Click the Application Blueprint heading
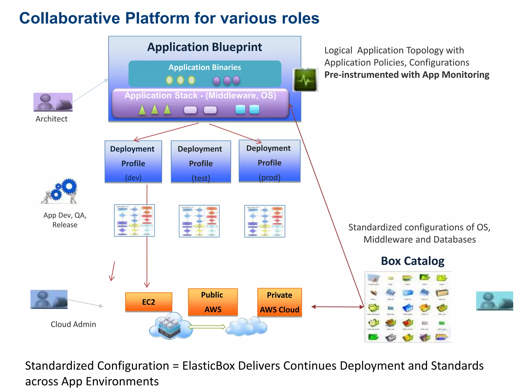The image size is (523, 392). tap(205, 47)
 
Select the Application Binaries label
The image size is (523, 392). tap(205, 67)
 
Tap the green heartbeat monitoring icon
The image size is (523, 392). tap(305, 80)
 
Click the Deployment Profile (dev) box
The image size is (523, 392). tap(133, 162)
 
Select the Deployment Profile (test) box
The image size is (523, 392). tap(201, 162)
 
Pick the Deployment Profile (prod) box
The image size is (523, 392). tap(269, 161)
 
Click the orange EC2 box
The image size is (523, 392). tap(149, 302)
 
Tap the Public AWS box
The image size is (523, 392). tap(213, 302)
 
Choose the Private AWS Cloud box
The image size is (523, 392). tap(280, 302)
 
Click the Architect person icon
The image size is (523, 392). tap(53, 102)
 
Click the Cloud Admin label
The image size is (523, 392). tap(73, 324)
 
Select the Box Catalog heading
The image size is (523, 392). tap(412, 261)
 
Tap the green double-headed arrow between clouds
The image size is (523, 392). tap(207, 327)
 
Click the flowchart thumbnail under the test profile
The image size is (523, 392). tap(199, 221)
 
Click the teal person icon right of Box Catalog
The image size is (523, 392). tap(494, 301)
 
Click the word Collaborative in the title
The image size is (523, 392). tap(69, 18)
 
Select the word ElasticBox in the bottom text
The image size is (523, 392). tap(208, 366)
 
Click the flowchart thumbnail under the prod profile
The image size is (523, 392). tap(265, 221)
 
